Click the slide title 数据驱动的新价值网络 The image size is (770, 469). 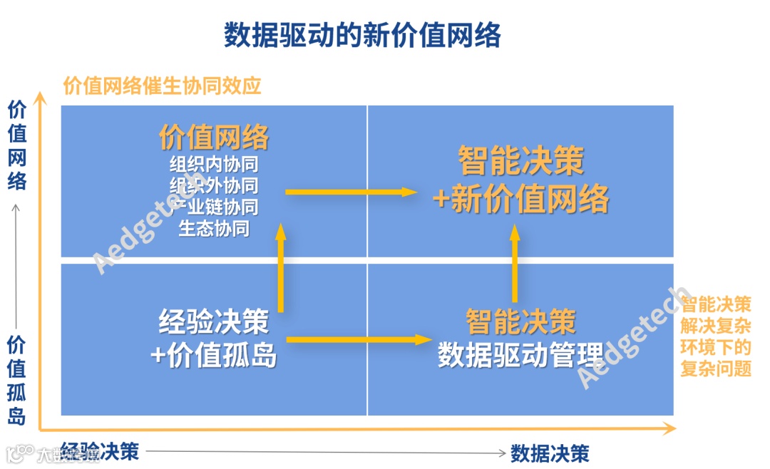point(363,34)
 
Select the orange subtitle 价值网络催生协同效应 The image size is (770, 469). point(163,86)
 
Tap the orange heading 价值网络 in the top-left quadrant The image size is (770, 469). point(214,137)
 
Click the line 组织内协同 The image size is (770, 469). point(214,165)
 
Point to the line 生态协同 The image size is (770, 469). point(214,229)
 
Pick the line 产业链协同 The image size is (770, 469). point(214,207)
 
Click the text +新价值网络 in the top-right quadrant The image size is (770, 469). point(521,200)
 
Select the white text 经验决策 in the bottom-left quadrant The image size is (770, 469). point(214,321)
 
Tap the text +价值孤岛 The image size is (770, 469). point(214,354)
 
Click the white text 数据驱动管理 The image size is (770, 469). point(520,354)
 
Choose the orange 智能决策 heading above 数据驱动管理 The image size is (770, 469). point(520,321)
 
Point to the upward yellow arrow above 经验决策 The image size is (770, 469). point(280,267)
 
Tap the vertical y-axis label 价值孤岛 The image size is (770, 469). point(17,380)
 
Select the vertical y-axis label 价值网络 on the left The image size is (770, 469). point(17,145)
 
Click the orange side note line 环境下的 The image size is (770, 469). point(716,348)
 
